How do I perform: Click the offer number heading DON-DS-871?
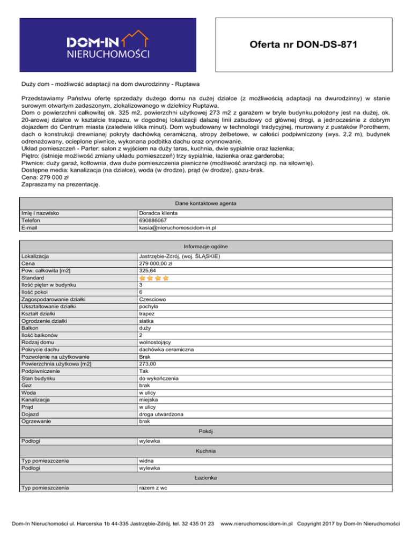pos(303,43)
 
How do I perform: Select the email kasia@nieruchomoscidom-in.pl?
pos(177,227)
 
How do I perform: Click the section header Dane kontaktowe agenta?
pos(206,204)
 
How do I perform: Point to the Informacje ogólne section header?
pos(206,246)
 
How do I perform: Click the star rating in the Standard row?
pos(154,278)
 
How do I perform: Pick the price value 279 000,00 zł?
pos(155,264)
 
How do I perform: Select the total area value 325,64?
pos(148,271)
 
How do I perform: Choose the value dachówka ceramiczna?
pos(166,349)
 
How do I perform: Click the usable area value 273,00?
pos(148,364)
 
